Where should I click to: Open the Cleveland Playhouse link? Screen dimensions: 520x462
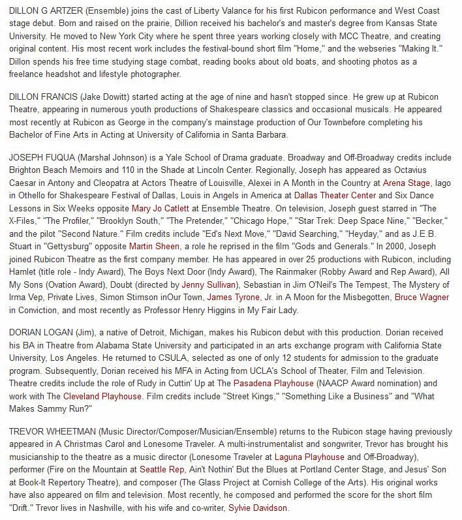(102, 396)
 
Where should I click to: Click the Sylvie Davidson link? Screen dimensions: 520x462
(257, 507)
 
